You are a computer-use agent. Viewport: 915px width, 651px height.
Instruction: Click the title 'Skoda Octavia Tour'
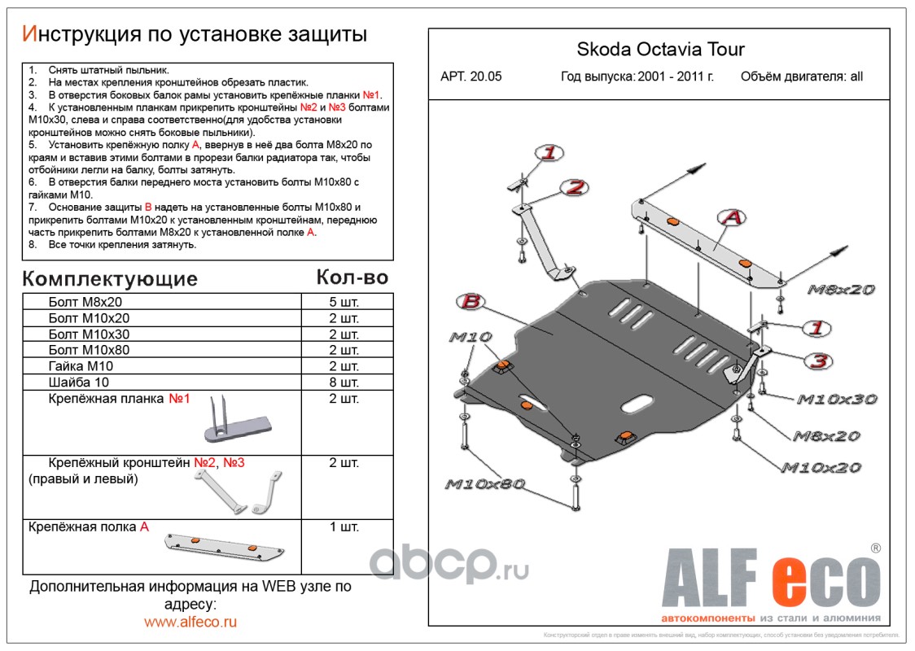(x=660, y=49)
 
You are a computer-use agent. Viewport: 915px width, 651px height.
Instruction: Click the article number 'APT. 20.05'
(x=471, y=77)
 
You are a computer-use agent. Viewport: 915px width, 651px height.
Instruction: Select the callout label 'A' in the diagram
(x=731, y=217)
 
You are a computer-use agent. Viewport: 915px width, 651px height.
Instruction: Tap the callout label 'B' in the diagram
(x=470, y=303)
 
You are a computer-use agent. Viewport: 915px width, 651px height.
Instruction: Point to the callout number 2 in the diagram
(x=575, y=187)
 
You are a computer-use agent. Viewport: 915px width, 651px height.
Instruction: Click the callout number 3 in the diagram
(x=819, y=360)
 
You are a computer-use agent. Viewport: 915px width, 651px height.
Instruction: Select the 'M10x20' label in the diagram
(x=821, y=468)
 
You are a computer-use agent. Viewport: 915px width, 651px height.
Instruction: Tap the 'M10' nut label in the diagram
(x=470, y=337)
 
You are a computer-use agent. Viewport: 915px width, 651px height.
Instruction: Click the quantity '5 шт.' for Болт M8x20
(x=344, y=303)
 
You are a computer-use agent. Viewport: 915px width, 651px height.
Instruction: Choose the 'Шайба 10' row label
(x=78, y=382)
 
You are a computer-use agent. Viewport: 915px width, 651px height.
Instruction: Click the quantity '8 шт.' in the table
(x=344, y=382)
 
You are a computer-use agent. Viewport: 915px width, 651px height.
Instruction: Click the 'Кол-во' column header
(x=352, y=277)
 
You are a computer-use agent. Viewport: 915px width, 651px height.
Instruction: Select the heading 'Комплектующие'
(x=110, y=279)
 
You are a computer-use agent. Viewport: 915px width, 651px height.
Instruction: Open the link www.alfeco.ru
(x=190, y=622)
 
